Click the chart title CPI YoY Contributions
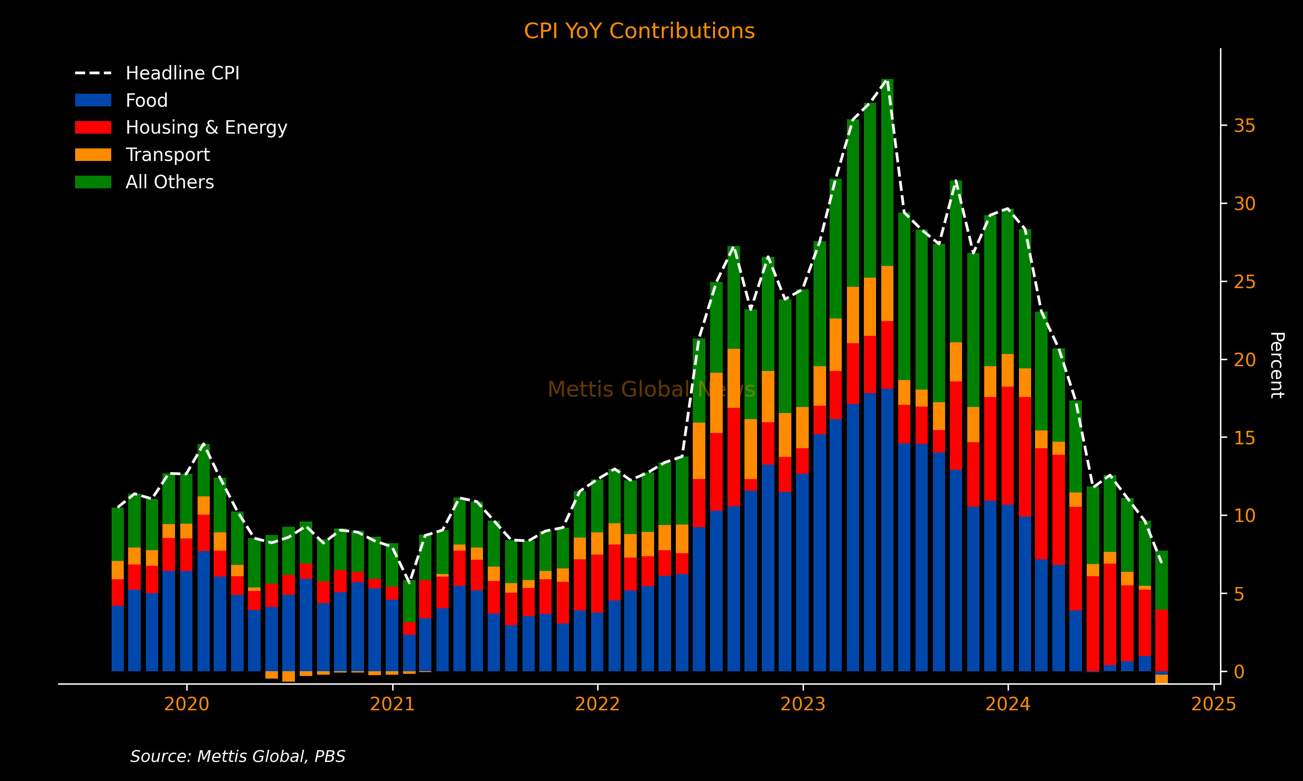click(x=639, y=31)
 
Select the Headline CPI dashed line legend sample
click(x=93, y=73)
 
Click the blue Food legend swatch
click(x=93, y=100)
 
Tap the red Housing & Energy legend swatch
click(x=93, y=128)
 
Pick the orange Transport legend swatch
click(x=93, y=155)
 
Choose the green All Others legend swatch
click(x=93, y=182)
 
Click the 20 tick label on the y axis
click(x=1244, y=360)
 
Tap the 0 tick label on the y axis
click(x=1239, y=672)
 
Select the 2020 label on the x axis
click(x=186, y=704)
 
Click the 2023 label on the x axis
click(x=803, y=704)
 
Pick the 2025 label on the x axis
click(x=1214, y=704)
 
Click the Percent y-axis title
click(x=1276, y=365)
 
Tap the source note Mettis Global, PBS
click(x=238, y=756)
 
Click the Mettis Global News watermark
click(x=651, y=390)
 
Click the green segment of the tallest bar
click(x=887, y=174)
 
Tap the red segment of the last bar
click(x=1161, y=640)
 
